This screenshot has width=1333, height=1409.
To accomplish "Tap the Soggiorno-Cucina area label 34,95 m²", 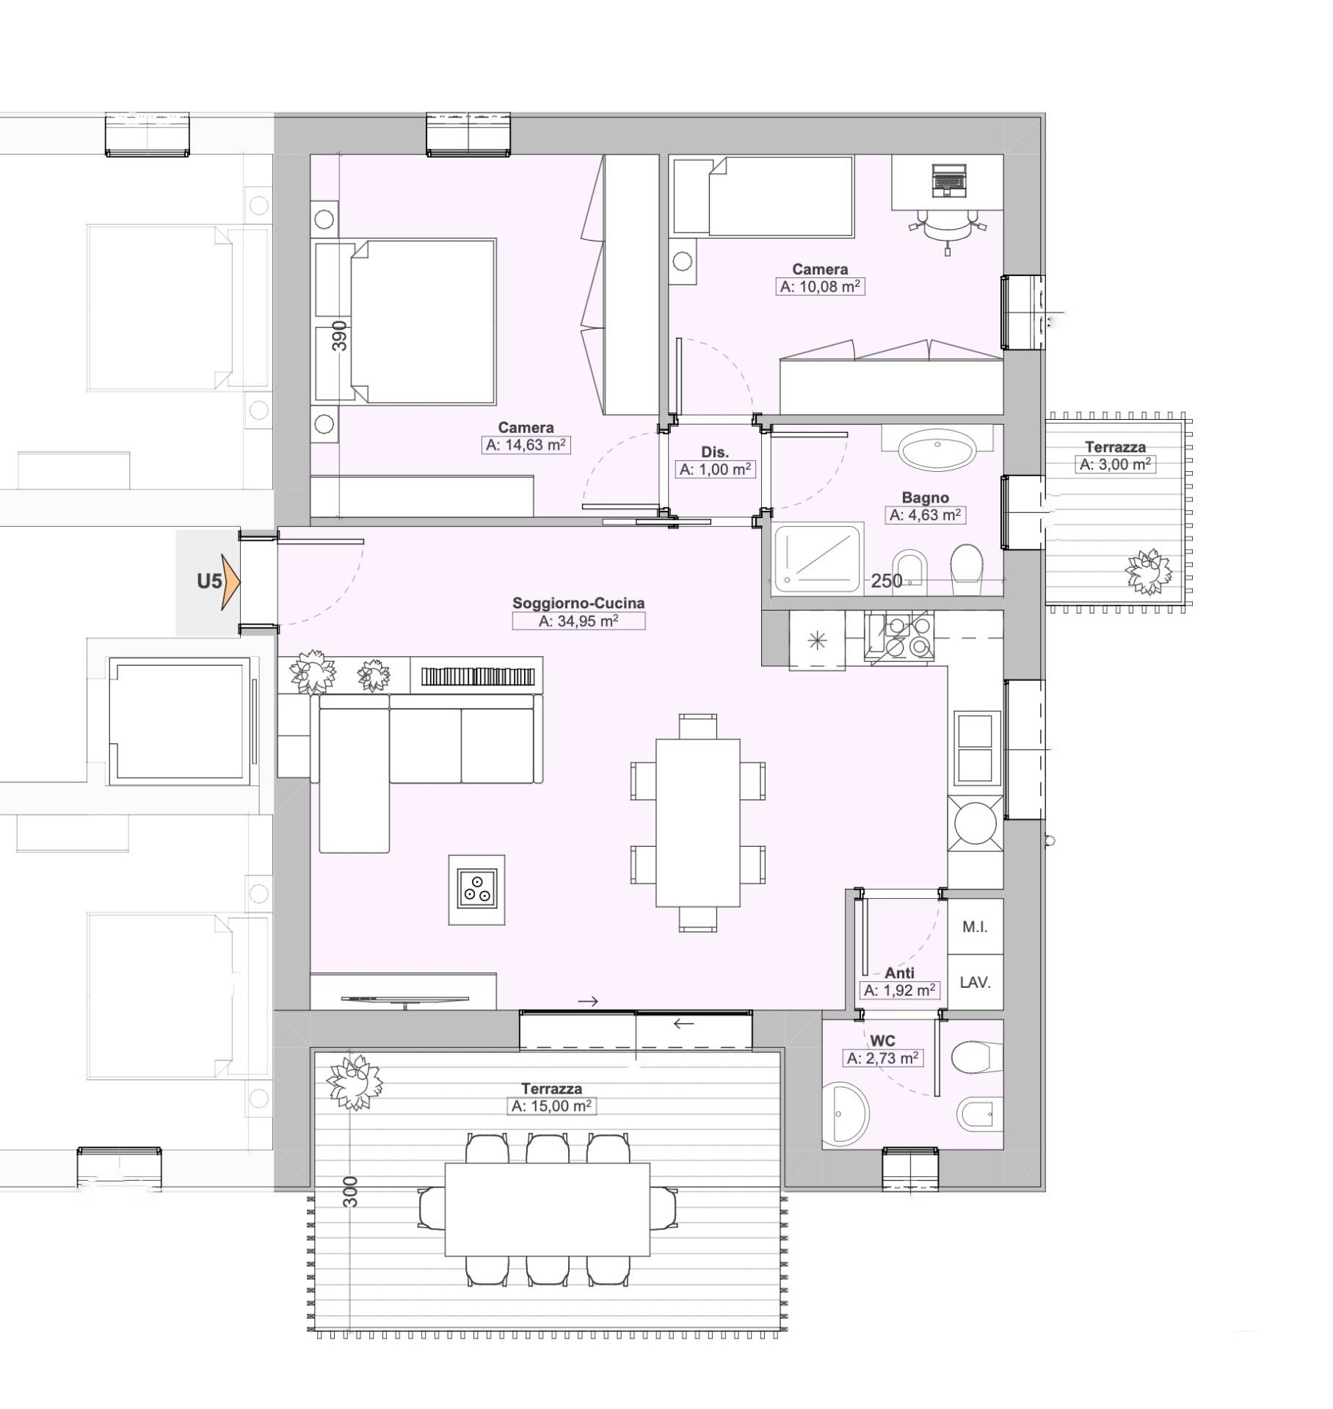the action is (578, 621).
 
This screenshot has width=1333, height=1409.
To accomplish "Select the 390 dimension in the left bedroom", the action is (339, 336).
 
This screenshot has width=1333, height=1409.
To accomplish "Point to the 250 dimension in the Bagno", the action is (887, 580).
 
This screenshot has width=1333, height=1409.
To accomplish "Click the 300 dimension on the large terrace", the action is (350, 1192).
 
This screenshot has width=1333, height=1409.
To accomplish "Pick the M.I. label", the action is (975, 927).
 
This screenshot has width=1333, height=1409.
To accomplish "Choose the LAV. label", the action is (976, 982).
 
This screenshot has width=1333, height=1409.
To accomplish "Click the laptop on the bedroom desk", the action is (948, 181).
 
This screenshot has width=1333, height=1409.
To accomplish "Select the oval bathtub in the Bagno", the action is (938, 449).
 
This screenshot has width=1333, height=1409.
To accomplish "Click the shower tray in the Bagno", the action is (818, 558).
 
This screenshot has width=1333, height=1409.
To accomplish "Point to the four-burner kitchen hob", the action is (899, 638).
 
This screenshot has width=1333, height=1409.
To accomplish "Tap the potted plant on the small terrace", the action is (1149, 572).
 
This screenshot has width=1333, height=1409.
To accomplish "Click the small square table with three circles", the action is (477, 889).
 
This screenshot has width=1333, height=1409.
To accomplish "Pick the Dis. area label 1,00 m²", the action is (715, 470).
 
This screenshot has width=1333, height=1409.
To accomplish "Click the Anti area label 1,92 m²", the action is (899, 990).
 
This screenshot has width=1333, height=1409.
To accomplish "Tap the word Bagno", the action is (925, 498).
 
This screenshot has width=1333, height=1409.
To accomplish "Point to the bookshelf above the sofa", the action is (478, 676).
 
